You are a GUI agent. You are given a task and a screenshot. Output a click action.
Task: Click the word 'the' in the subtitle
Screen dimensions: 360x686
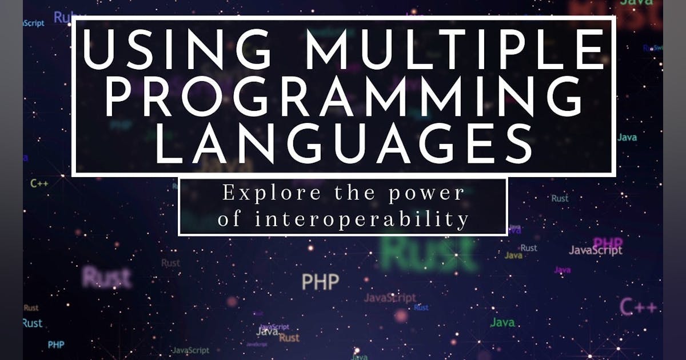pos(347,194)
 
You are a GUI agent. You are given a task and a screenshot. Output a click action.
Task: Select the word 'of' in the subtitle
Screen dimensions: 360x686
pos(230,219)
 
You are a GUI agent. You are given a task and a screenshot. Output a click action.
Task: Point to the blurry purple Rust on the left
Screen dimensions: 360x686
pos(106,278)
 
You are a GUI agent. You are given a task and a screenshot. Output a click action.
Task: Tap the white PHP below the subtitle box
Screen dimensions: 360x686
pos(320,281)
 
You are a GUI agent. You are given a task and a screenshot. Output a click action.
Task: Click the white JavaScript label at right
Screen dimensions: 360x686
pos(595,250)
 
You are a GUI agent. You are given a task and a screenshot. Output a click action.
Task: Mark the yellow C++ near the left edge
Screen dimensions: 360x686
pos(39,184)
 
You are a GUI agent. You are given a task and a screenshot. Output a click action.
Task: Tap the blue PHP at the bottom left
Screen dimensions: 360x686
pos(56,345)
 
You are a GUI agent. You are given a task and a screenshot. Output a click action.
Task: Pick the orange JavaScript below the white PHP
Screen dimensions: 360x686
pos(390,298)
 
